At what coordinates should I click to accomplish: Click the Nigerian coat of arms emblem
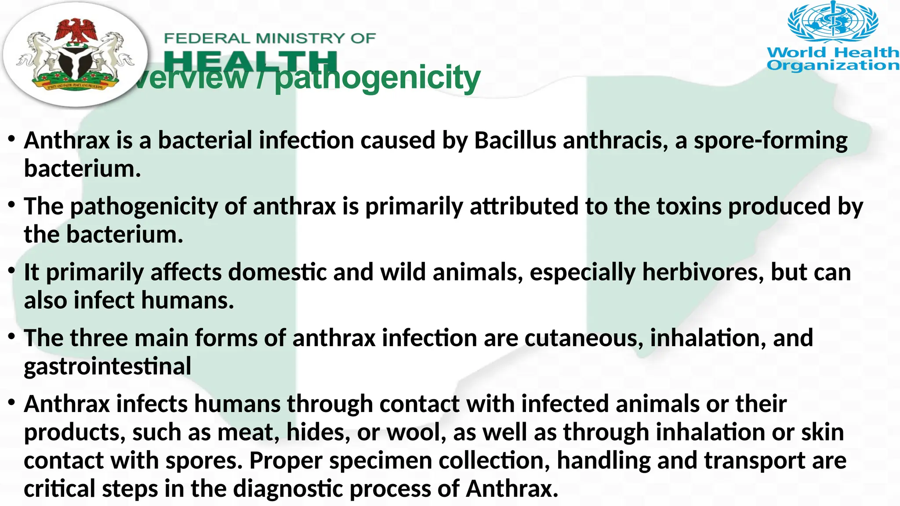[x=75, y=55]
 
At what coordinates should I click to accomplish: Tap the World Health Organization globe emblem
[x=833, y=22]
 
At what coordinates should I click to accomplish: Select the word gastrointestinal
[x=108, y=366]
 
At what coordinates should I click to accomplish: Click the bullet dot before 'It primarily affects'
[x=12, y=270]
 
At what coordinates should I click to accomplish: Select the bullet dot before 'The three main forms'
[x=12, y=336]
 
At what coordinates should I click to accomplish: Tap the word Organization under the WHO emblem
[x=833, y=65]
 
